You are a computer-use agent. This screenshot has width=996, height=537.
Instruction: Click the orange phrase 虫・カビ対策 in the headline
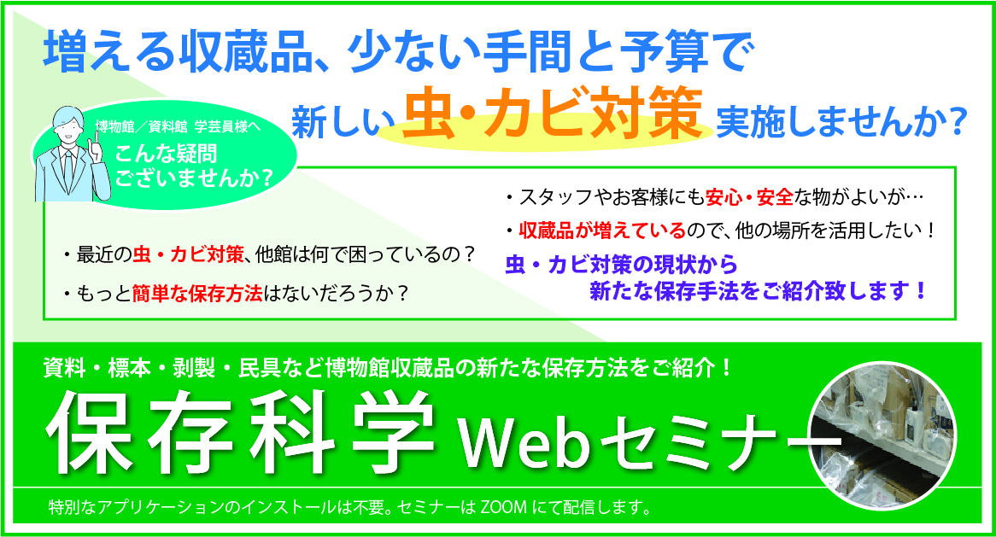click(x=552, y=114)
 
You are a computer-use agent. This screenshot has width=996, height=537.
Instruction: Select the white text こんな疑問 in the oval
click(x=166, y=155)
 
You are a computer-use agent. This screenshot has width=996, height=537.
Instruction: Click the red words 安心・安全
click(x=749, y=197)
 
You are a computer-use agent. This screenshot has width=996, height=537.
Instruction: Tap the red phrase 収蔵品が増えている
click(x=602, y=230)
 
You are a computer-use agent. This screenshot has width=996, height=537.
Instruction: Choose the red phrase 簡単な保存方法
click(x=197, y=293)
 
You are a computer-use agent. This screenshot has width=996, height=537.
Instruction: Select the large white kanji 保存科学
click(x=239, y=432)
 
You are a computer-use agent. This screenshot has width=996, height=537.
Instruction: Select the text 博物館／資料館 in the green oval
click(x=141, y=127)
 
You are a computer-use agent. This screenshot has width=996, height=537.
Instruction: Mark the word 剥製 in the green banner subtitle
click(x=195, y=368)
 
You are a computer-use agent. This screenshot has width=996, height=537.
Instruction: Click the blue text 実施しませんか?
click(x=841, y=122)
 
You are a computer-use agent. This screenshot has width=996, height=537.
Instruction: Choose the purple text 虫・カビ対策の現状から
click(x=621, y=264)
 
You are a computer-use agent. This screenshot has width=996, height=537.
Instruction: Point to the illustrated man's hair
click(x=68, y=117)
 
